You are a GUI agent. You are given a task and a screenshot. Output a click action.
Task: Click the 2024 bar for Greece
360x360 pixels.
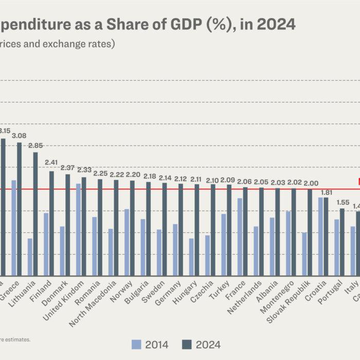20,209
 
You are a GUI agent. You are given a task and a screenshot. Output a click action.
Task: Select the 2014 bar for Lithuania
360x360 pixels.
30,257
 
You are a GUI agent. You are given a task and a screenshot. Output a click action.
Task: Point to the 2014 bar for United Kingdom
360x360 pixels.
78,229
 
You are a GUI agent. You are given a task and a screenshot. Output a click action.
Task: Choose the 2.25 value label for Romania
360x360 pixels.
100,173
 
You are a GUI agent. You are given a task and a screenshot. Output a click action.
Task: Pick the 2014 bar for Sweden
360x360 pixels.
159,253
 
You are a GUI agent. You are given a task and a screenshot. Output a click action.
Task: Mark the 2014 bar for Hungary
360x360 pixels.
191,257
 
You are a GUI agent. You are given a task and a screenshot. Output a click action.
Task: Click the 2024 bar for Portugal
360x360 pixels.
342,242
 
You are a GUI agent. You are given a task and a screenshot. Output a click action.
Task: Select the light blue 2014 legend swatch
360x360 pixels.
136,344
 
